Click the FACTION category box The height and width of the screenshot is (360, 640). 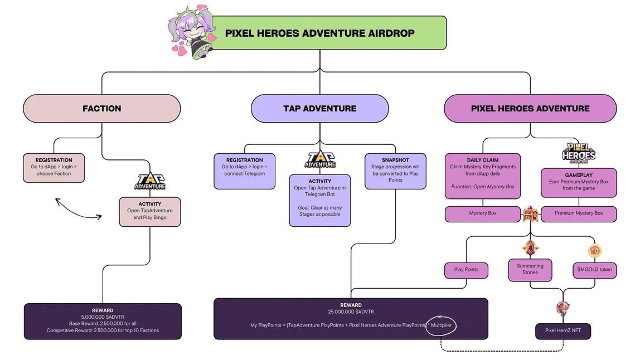[x=102, y=108]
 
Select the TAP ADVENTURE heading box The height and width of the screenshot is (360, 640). [x=320, y=108]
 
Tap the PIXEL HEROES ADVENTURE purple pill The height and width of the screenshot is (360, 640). [x=530, y=108]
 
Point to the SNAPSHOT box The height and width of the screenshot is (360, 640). [x=395, y=171]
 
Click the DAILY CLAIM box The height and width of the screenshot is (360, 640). [x=482, y=176]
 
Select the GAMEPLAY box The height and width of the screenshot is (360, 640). [x=579, y=182]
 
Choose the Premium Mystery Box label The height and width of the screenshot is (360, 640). [x=579, y=213]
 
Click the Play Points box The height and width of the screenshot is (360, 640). [x=466, y=270]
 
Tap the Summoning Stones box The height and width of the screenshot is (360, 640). [x=530, y=269]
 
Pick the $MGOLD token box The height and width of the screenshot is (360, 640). [x=595, y=270]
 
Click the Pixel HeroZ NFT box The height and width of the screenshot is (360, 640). [x=563, y=331]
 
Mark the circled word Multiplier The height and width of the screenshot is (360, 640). [x=441, y=325]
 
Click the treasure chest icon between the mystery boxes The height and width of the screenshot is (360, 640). [x=530, y=214]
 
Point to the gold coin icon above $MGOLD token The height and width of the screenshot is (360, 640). [x=595, y=251]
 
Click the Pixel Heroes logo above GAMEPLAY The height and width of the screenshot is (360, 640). [x=579, y=153]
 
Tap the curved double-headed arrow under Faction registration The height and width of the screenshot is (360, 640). [x=78, y=209]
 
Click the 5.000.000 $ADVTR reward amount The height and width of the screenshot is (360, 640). [x=103, y=317]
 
